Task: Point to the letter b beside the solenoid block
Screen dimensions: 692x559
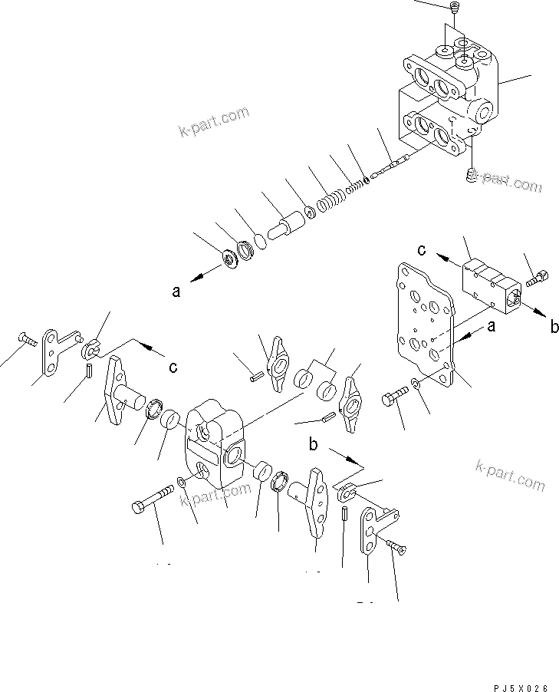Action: point(554,328)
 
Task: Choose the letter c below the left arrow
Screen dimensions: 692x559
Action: point(173,367)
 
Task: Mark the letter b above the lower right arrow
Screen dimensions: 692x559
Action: point(313,445)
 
